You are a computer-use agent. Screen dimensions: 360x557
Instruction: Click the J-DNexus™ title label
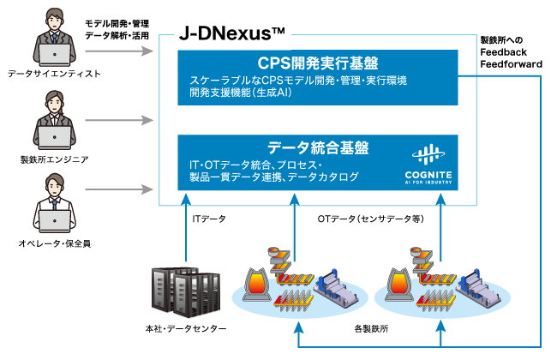pyautogui.click(x=231, y=34)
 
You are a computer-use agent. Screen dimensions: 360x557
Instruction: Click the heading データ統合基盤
pyautogui.click(x=317, y=147)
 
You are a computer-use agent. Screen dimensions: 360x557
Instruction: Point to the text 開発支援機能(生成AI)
pyautogui.click(x=242, y=93)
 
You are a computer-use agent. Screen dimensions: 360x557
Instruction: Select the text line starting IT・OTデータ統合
pyautogui.click(x=255, y=165)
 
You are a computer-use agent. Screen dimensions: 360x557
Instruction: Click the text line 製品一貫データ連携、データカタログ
pyautogui.click(x=273, y=177)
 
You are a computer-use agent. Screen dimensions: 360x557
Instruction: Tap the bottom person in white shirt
pyautogui.click(x=55, y=203)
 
